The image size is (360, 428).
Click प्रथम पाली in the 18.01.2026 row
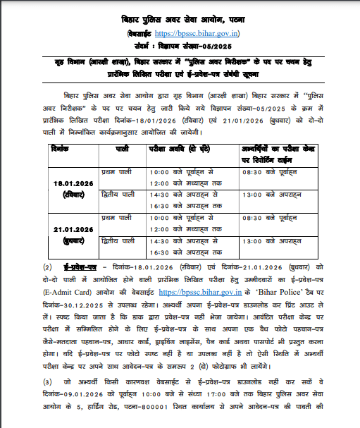[x=115, y=172]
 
